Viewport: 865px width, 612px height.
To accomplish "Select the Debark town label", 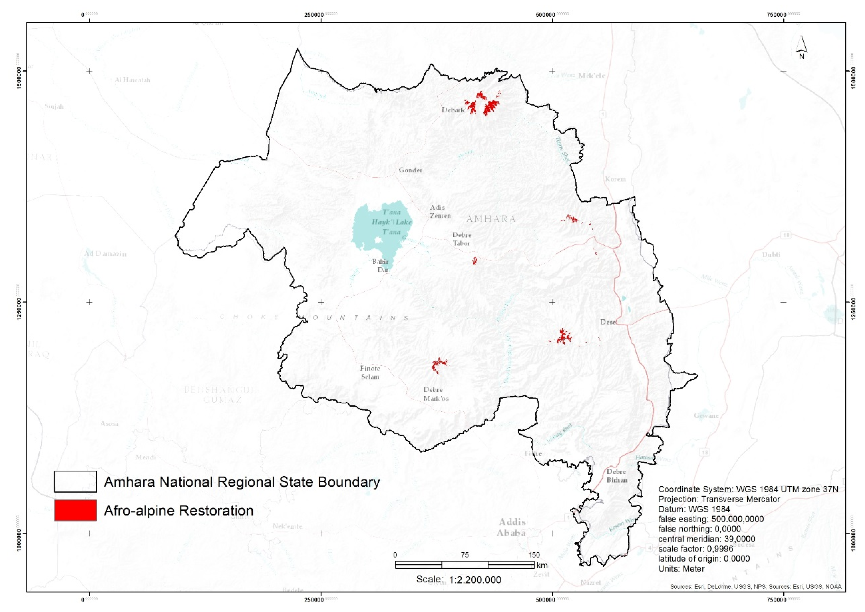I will pyautogui.click(x=453, y=110).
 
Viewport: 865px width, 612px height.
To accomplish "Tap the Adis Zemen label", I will pyautogui.click(x=440, y=212).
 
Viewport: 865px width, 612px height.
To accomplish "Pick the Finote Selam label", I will pyautogui.click(x=370, y=372).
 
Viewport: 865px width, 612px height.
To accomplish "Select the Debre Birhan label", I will pyautogui.click(x=617, y=476).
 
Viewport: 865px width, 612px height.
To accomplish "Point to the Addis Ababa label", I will pyautogui.click(x=511, y=527).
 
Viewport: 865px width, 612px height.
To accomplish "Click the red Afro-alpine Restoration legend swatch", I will pyautogui.click(x=75, y=510).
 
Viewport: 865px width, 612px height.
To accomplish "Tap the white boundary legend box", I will pyautogui.click(x=75, y=482).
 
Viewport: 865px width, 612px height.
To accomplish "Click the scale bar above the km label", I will pyautogui.click(x=464, y=564).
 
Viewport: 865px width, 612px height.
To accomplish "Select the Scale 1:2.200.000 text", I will pyautogui.click(x=459, y=580).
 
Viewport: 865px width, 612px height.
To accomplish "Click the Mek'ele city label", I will pyautogui.click(x=592, y=76).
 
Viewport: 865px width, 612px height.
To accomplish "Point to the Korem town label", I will pyautogui.click(x=615, y=179).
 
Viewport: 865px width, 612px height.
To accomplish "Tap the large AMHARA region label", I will pyautogui.click(x=491, y=219).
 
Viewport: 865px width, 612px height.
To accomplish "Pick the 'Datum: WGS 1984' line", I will pyautogui.click(x=694, y=509).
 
